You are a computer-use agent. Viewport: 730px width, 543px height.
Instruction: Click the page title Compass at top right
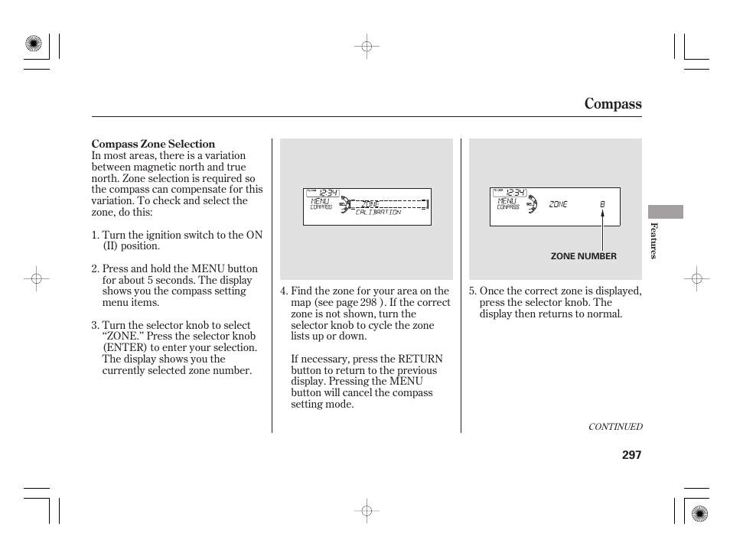(612, 104)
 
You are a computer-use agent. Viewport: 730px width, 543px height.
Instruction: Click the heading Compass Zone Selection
(153, 144)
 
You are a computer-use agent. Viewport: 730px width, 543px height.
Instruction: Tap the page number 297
(631, 455)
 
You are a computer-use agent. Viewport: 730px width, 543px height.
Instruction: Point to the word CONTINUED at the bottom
(614, 428)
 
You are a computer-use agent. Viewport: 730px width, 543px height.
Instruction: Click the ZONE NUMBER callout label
(583, 257)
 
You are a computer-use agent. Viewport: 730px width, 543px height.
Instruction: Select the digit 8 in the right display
(602, 204)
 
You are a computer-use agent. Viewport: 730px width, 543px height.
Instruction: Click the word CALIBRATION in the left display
(378, 213)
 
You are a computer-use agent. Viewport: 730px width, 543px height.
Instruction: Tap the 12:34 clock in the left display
(328, 193)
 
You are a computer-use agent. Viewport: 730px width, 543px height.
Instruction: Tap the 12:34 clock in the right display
(515, 193)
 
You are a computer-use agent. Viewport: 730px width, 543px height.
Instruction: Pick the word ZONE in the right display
(558, 204)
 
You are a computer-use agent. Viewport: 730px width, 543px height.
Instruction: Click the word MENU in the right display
(507, 201)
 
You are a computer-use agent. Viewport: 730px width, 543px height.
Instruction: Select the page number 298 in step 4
(368, 302)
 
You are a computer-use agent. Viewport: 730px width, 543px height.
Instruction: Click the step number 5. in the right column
(473, 291)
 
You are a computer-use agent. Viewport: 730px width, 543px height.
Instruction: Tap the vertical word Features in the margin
(653, 241)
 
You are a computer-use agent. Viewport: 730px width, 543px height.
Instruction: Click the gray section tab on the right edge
(665, 212)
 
